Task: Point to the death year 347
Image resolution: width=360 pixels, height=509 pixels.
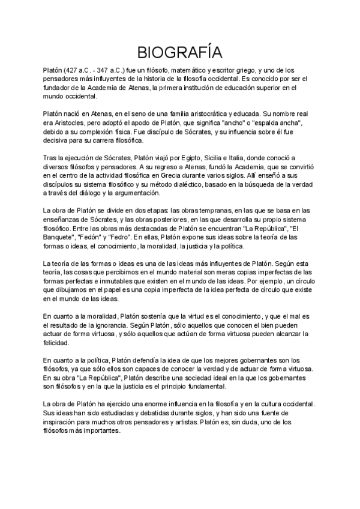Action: tap(106, 70)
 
